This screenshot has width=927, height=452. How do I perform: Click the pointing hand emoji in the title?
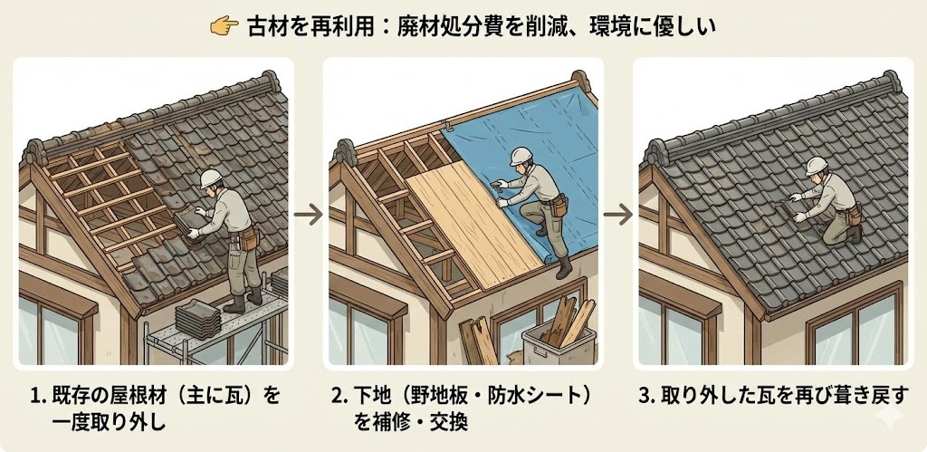point(225,26)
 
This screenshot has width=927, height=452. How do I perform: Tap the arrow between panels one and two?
point(308,214)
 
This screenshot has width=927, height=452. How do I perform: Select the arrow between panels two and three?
point(617,214)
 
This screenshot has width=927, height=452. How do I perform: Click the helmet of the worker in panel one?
point(210,178)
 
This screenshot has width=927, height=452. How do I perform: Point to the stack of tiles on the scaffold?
point(197,319)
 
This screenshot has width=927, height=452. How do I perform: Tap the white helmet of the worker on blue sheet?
point(521,156)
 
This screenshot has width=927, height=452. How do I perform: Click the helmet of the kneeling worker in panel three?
point(817,166)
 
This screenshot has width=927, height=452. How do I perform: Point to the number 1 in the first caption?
point(34,397)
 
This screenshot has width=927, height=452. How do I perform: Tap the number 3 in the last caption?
point(645,397)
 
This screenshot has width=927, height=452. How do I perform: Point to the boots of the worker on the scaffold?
point(243,300)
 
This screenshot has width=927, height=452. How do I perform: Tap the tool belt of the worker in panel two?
point(556,207)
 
